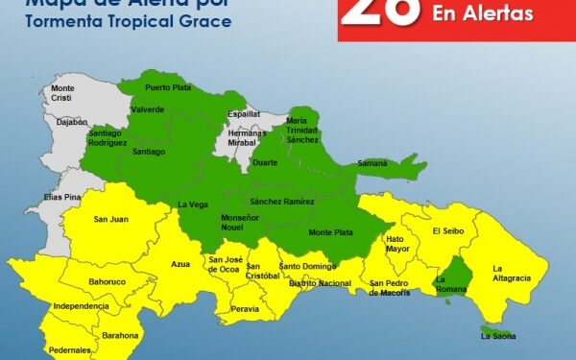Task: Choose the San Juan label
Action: [x=111, y=220]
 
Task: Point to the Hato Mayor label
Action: [x=397, y=244]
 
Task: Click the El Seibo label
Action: [x=448, y=230]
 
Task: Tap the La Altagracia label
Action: [x=511, y=273]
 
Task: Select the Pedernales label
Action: [x=69, y=349]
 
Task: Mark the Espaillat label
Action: [x=244, y=113]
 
